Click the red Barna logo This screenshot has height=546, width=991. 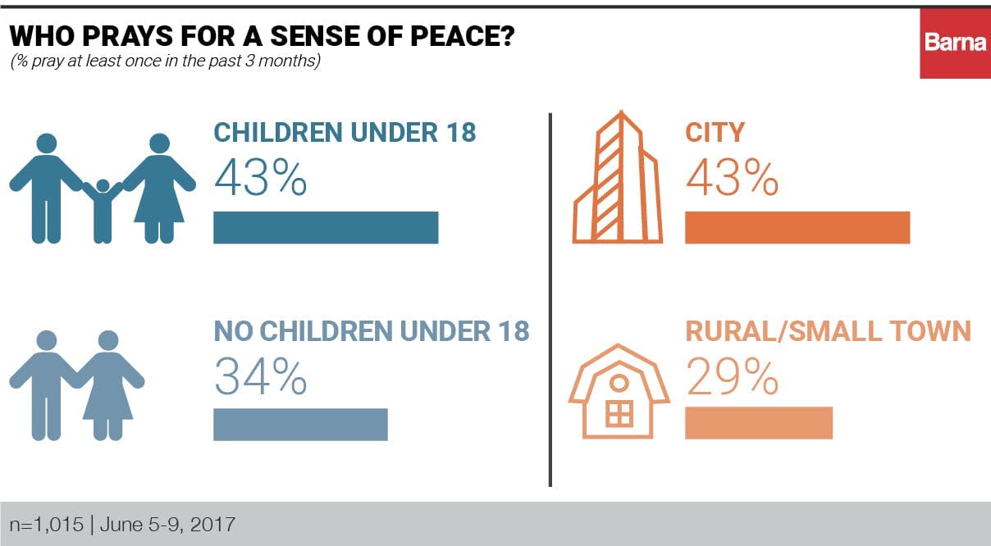[955, 43]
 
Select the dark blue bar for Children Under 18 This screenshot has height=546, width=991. [326, 227]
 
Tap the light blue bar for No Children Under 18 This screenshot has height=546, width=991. [300, 424]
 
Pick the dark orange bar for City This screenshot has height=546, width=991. [797, 227]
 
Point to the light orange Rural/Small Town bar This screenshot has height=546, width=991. [759, 422]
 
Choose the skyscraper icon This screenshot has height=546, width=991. [619, 178]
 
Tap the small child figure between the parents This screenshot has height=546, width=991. [102, 209]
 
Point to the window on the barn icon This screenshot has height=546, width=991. [619, 414]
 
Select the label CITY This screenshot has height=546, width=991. [715, 132]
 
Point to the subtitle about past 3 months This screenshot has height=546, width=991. [165, 61]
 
